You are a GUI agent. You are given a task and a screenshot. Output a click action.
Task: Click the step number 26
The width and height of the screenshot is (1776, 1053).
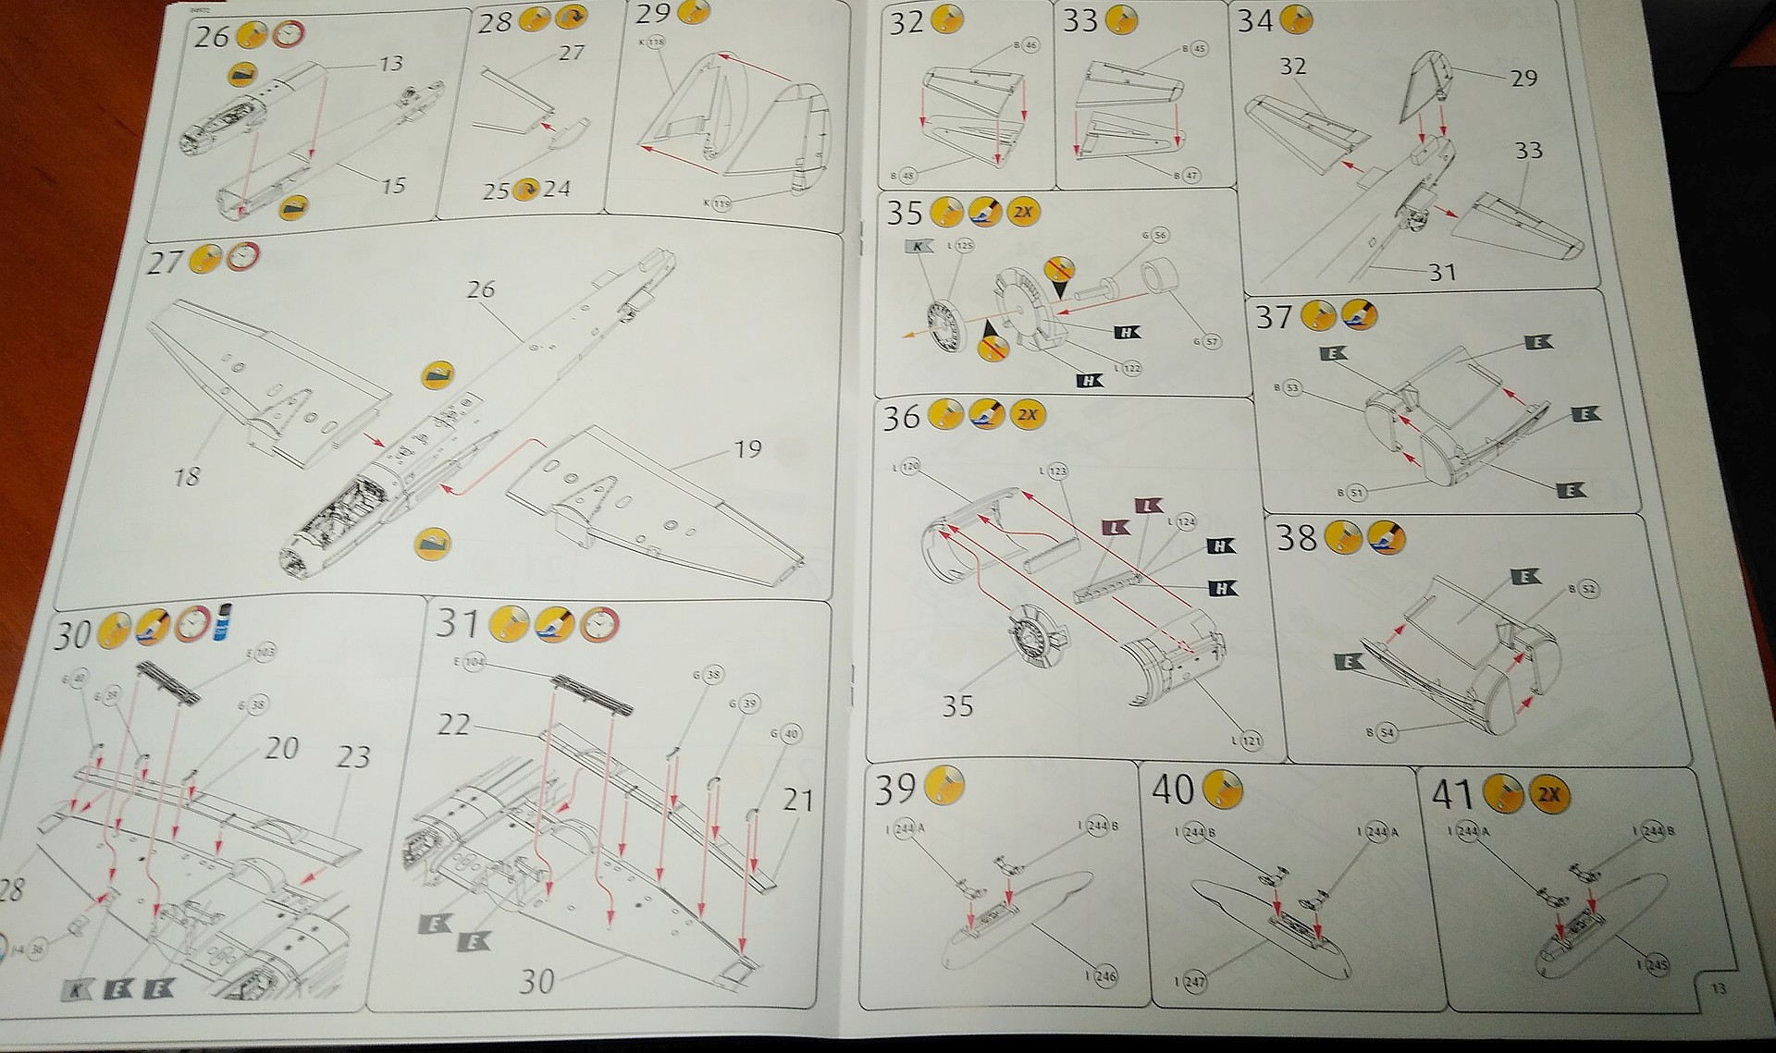pyautogui.click(x=211, y=37)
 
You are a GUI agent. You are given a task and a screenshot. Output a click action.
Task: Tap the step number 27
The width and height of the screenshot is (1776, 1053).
pyautogui.click(x=165, y=263)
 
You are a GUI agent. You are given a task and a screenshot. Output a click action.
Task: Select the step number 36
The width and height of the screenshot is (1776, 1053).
pyautogui.click(x=902, y=418)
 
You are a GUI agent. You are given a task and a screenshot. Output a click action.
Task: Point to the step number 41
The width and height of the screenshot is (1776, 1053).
pyautogui.click(x=1452, y=794)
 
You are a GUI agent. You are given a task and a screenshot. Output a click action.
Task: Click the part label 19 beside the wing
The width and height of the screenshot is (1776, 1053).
pyautogui.click(x=747, y=449)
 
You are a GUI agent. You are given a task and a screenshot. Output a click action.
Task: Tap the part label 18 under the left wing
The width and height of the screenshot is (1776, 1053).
pyautogui.click(x=187, y=476)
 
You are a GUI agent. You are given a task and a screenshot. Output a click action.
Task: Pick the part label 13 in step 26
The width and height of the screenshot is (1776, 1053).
pyautogui.click(x=391, y=63)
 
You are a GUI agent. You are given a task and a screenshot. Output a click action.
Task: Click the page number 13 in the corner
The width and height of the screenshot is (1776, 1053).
pyautogui.click(x=1718, y=989)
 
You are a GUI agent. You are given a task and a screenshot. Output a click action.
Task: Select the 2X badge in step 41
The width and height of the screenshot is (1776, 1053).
pyautogui.click(x=1548, y=794)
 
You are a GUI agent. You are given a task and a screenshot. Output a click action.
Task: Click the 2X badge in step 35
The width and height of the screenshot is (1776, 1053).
pyautogui.click(x=1022, y=212)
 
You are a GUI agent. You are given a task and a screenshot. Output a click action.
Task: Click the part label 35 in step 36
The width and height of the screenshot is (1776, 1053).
pyautogui.click(x=958, y=706)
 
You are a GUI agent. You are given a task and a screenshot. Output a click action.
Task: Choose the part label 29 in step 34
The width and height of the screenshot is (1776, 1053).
pyautogui.click(x=1523, y=78)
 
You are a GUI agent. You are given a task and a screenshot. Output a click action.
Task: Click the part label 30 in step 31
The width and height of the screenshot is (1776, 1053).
pyautogui.click(x=537, y=981)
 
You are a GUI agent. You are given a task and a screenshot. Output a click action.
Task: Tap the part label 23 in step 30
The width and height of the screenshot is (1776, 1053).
pyautogui.click(x=353, y=757)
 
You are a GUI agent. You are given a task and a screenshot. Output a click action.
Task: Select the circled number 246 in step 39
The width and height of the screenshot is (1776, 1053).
pyautogui.click(x=1106, y=975)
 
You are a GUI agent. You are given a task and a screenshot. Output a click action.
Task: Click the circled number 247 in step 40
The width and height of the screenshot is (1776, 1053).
pyautogui.click(x=1195, y=981)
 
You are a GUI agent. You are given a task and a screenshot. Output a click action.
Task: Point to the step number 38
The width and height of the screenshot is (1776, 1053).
pyautogui.click(x=1296, y=537)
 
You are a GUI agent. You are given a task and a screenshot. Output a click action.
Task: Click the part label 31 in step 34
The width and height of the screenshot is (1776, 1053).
pyautogui.click(x=1442, y=272)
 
